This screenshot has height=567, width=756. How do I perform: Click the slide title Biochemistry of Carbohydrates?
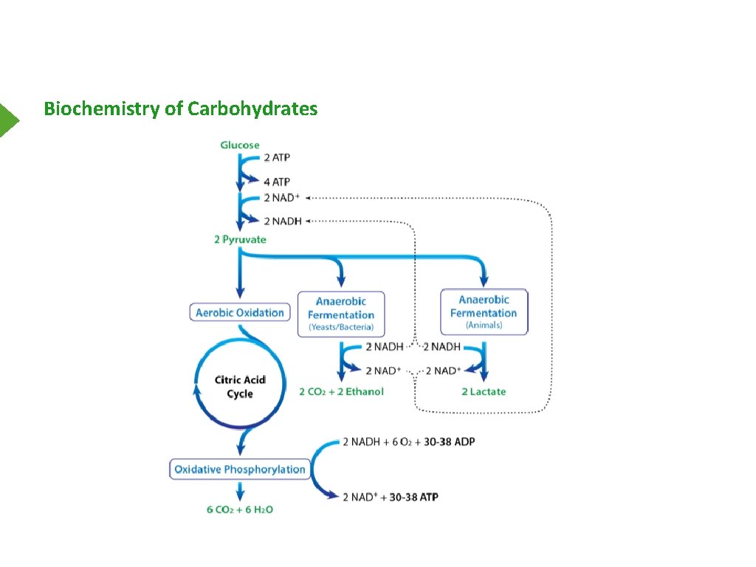click(181, 109)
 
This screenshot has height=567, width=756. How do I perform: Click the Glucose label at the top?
click(240, 145)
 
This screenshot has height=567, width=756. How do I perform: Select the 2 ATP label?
click(278, 157)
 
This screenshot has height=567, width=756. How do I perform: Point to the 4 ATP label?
click(278, 182)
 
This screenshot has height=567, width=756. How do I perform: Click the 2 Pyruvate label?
click(240, 239)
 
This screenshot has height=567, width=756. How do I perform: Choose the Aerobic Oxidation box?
click(240, 312)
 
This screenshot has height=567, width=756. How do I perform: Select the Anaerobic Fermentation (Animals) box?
click(484, 312)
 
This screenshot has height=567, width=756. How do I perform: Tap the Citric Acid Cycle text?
click(239, 387)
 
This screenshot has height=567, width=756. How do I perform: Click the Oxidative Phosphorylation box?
click(240, 469)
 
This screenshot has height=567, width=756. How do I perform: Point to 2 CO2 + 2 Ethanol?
click(341, 391)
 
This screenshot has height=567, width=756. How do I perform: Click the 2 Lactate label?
click(484, 391)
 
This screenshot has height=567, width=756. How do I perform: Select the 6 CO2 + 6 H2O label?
click(240, 509)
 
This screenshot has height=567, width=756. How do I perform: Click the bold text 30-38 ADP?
click(450, 441)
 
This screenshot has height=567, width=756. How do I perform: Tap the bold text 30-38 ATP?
click(413, 497)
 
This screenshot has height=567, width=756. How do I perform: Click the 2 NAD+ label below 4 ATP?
click(281, 198)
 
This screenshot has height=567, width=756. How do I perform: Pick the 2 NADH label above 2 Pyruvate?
click(283, 221)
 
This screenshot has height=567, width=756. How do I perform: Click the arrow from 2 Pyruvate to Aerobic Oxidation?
click(239, 277)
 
